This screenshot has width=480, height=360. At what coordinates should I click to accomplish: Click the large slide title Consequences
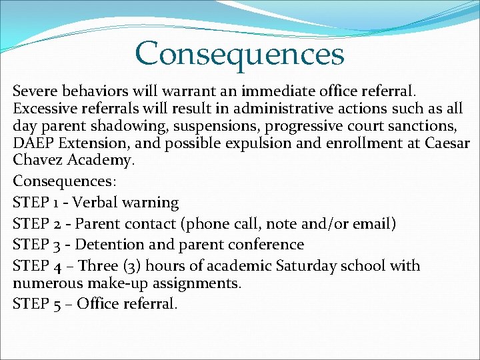click(239, 53)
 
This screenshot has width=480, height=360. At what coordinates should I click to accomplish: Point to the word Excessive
click(45, 109)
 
